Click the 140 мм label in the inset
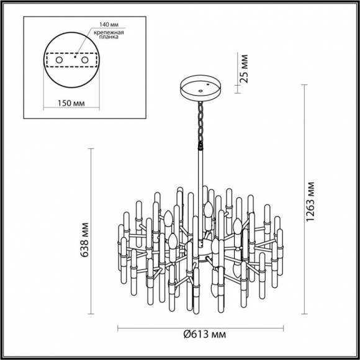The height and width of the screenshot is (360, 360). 102,25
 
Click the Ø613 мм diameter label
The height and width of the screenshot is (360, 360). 204,335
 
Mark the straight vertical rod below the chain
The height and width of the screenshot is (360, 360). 202,171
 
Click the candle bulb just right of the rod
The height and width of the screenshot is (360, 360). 210,208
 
